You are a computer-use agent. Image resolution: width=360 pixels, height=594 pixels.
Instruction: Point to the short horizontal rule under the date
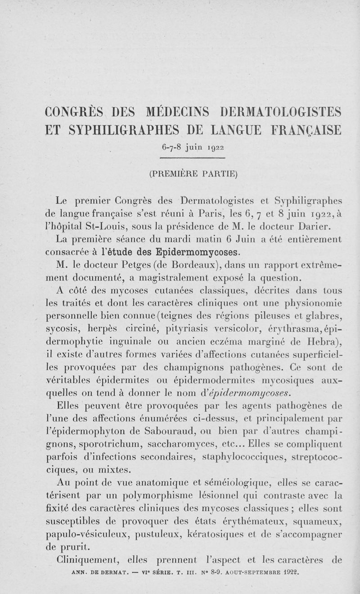(x=192, y=158)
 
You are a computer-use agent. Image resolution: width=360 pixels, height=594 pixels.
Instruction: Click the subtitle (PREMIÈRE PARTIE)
(x=193, y=173)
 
